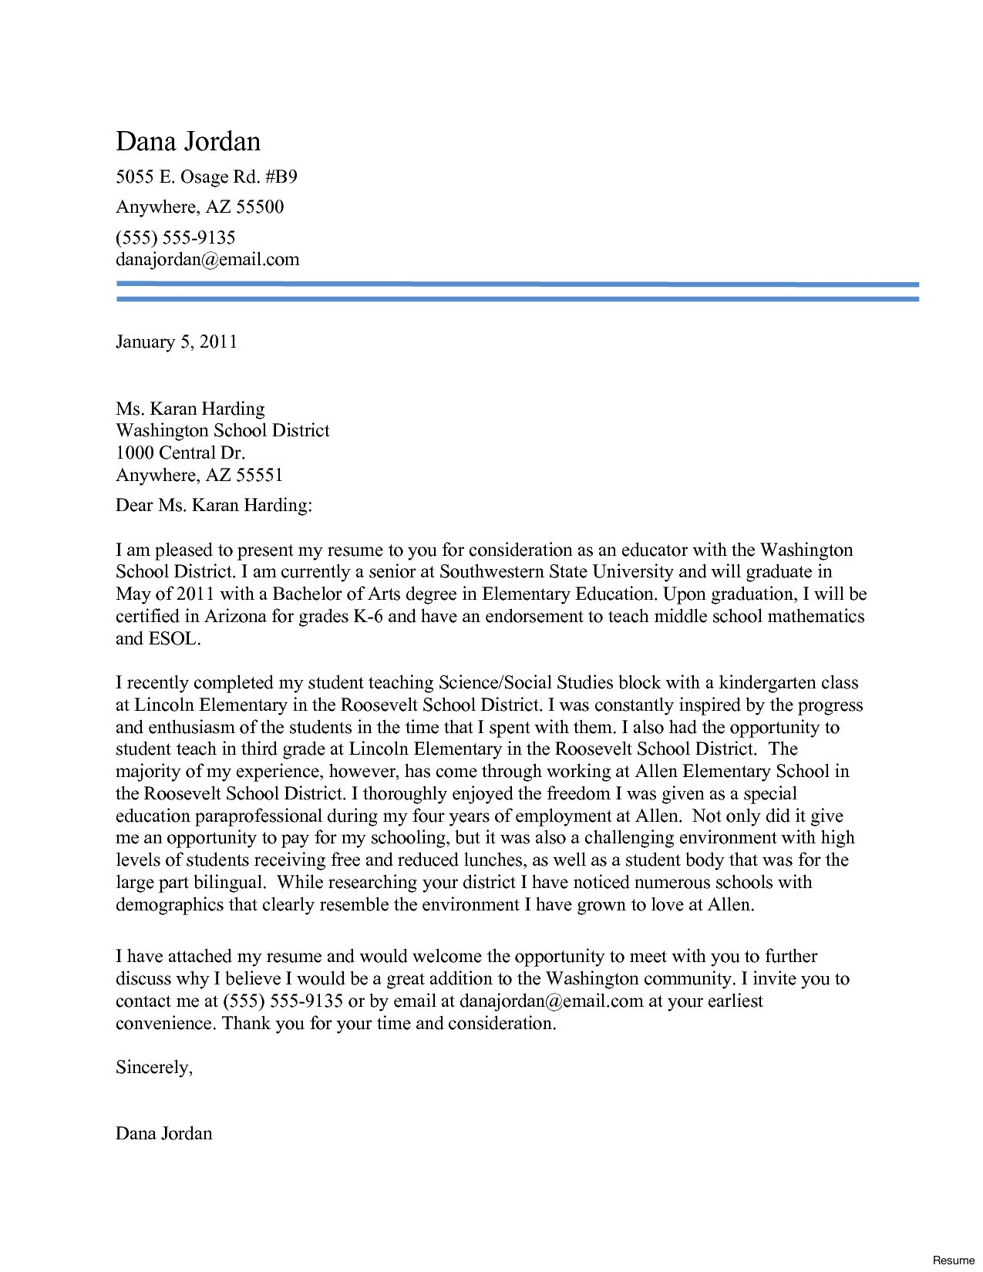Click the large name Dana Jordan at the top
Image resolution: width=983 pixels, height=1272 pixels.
click(x=188, y=142)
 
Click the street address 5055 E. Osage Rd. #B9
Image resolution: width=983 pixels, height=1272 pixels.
click(x=206, y=177)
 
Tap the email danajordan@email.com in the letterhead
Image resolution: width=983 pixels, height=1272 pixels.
click(x=207, y=259)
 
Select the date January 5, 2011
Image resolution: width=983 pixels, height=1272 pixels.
click(x=176, y=342)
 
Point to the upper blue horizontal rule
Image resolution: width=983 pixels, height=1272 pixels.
click(x=517, y=284)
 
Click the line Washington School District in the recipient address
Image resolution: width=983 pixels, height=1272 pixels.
click(x=222, y=430)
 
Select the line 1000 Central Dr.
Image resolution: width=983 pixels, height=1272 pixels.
click(x=180, y=453)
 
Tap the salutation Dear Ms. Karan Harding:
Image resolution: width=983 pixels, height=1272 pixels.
click(x=214, y=506)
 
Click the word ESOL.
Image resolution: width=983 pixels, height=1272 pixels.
click(x=173, y=639)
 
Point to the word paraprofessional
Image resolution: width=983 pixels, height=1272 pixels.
click(x=258, y=816)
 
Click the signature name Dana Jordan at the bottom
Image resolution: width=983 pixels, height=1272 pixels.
click(x=163, y=1133)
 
